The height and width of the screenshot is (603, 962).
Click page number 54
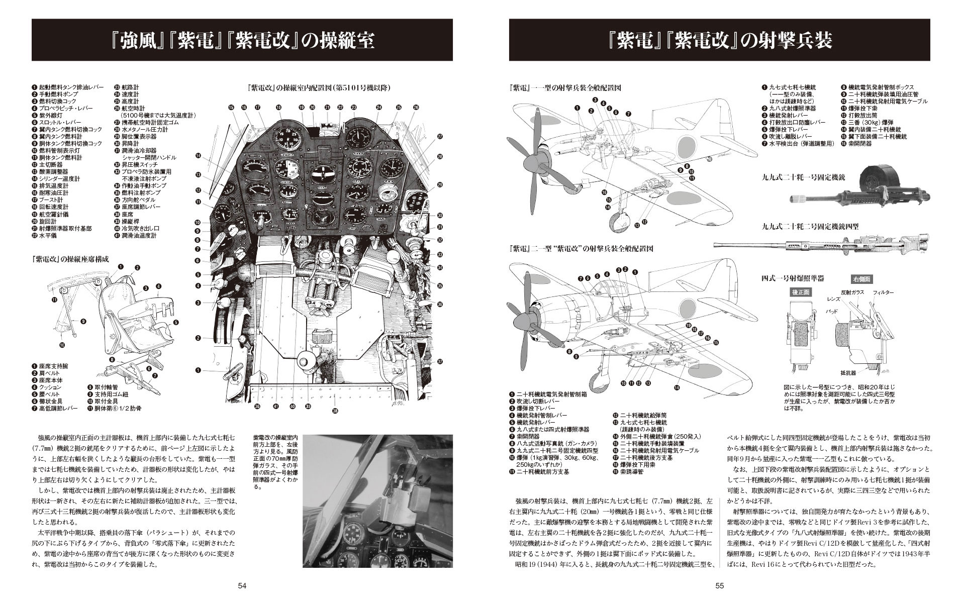click(242, 585)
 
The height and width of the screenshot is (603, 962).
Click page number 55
click(719, 585)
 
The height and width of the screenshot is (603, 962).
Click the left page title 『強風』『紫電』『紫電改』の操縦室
click(242, 41)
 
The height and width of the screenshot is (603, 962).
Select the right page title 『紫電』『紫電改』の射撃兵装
click(719, 41)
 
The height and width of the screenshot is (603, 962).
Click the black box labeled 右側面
click(861, 279)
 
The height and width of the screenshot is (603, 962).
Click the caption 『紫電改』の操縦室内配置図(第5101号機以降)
click(320, 87)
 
